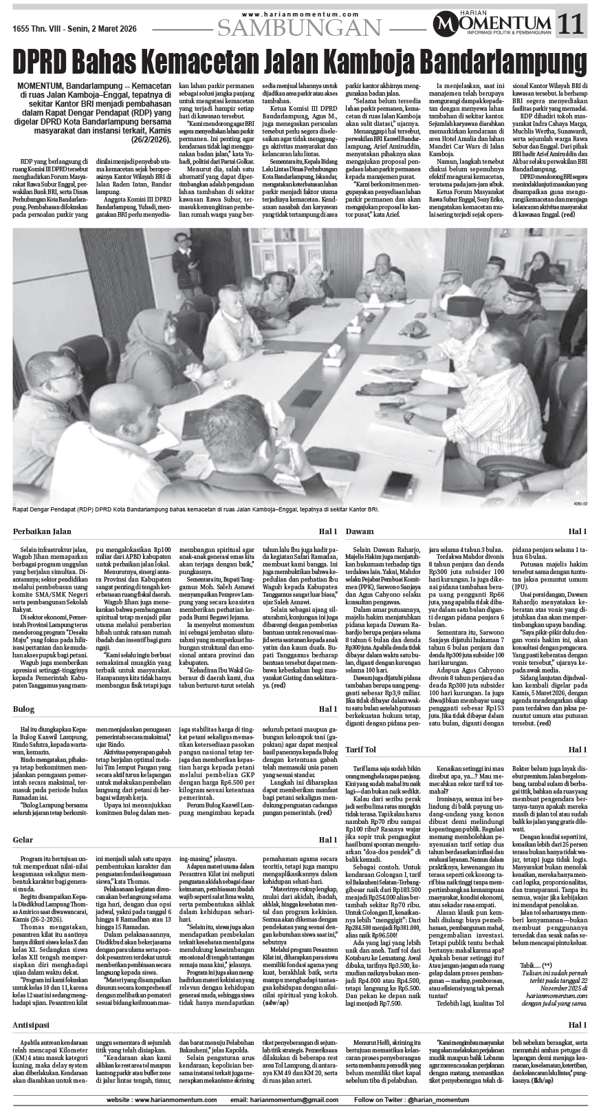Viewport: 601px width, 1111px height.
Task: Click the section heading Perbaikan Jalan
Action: coord(42,531)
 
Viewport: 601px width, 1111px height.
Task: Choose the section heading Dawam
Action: coord(360,531)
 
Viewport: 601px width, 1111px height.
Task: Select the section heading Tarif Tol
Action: coord(366,749)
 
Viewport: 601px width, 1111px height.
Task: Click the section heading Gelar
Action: coord(24,859)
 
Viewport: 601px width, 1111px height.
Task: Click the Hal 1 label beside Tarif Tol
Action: coord(576,749)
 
